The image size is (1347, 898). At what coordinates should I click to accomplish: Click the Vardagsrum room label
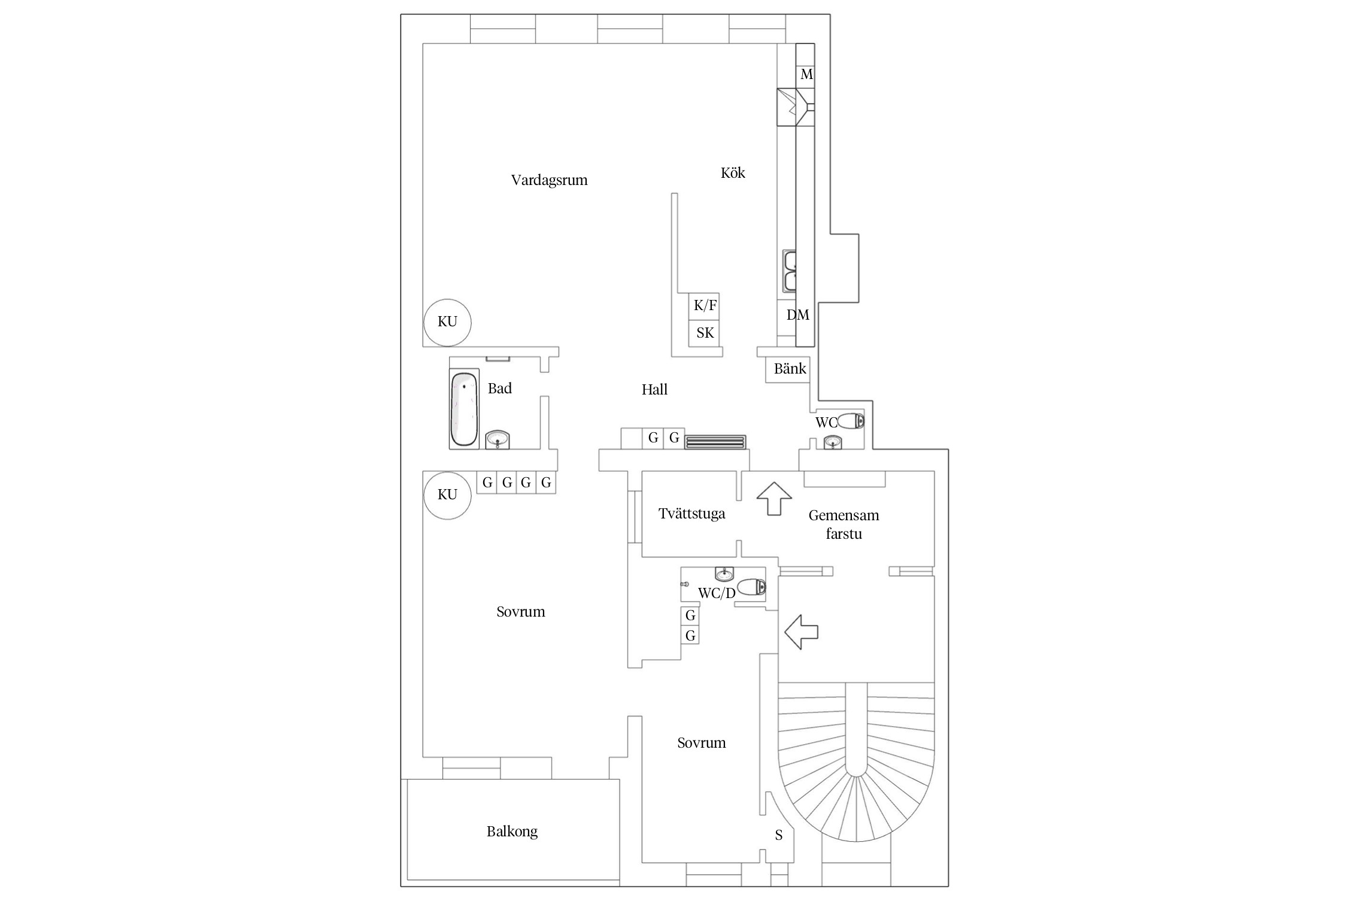(549, 180)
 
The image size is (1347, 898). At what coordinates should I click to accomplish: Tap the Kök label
(733, 173)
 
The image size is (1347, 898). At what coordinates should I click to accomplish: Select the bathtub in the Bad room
(464, 409)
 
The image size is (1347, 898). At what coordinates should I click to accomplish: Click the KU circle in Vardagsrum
(447, 322)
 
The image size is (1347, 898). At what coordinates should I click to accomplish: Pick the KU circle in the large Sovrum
(447, 494)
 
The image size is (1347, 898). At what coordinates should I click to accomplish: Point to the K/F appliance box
(705, 306)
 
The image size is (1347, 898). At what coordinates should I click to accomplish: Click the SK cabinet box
(705, 333)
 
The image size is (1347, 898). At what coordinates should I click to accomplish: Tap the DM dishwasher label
(797, 315)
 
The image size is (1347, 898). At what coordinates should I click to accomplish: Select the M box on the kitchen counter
(806, 75)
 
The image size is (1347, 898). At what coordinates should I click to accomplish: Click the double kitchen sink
(790, 271)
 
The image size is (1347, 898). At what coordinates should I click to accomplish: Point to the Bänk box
(790, 369)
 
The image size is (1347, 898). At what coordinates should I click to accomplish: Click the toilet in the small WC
(851, 421)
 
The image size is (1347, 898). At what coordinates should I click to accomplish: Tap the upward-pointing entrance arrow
(773, 498)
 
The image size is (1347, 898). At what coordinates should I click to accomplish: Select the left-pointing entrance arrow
(801, 632)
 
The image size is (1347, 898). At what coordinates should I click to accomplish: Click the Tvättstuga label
(691, 514)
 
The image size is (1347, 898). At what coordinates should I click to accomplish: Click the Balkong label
(512, 832)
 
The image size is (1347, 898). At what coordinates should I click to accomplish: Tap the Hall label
(654, 390)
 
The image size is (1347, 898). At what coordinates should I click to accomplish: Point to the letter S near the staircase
(778, 835)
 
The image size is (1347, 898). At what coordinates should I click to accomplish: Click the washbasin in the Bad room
(497, 440)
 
